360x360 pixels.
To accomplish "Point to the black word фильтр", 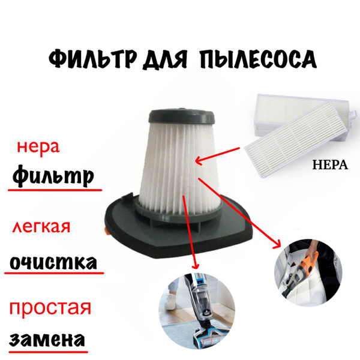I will (x=53, y=175).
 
